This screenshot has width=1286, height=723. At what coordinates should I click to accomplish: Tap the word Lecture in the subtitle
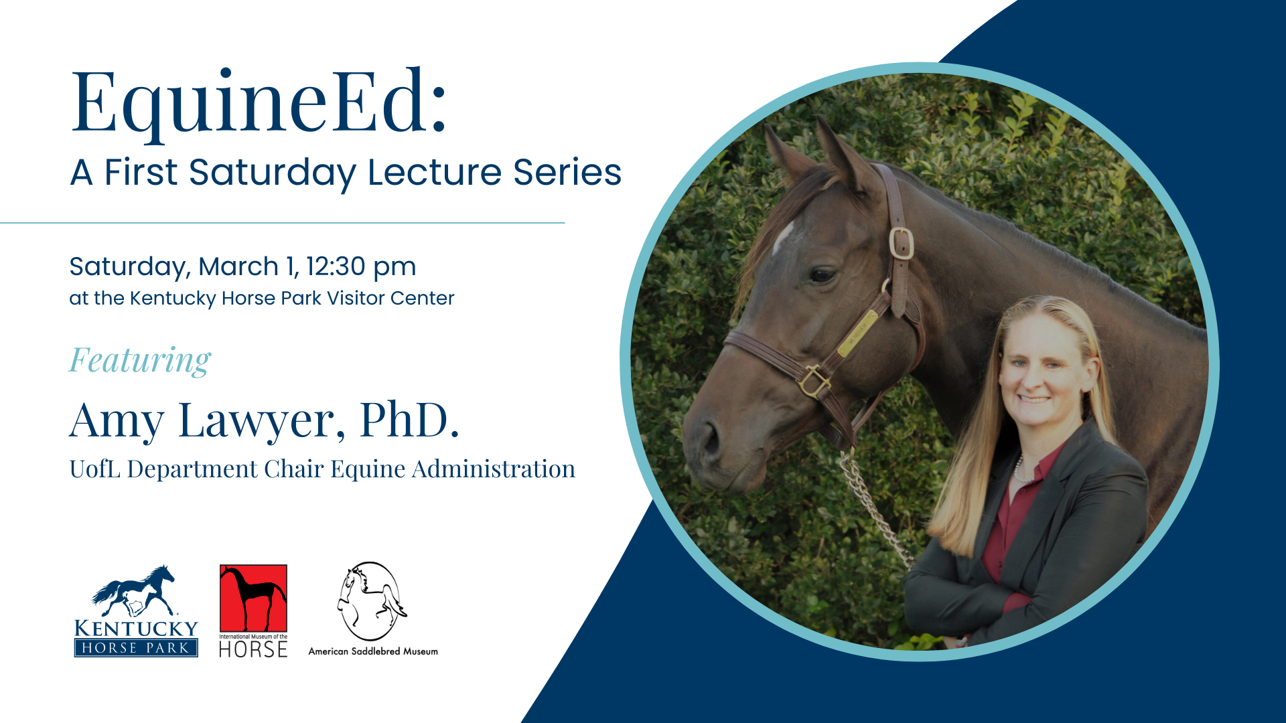coord(435,172)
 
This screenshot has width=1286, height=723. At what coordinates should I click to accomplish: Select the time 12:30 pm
coord(361,267)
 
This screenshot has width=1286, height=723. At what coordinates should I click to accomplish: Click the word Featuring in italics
coord(140,361)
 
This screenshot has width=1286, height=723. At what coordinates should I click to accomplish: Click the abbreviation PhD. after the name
coord(409,420)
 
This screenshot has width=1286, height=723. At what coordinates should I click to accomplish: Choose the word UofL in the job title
coord(95,469)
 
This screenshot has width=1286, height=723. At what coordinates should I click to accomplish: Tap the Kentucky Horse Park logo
coord(136,611)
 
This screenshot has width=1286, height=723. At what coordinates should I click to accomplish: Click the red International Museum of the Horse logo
coord(253,611)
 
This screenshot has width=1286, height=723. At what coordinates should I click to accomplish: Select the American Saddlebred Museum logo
coord(372,609)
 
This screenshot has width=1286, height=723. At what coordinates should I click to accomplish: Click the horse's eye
coord(821,274)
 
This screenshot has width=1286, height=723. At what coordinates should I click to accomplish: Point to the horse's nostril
coord(710,438)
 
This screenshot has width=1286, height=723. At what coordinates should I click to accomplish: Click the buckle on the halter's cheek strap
coord(902,244)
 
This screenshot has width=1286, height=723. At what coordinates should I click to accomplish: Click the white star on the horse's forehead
coord(782,236)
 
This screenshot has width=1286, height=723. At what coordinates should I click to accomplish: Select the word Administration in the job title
coord(494,469)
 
